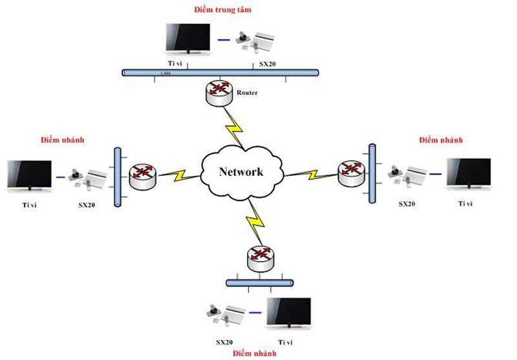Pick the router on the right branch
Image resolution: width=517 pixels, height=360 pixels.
pos(351,172)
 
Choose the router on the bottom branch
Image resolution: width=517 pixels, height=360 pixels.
pos(260,259)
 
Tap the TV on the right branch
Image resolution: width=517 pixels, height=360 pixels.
pos(470,175)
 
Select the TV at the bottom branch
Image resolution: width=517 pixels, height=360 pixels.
pos(289,315)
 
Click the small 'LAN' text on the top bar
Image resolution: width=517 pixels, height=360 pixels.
pos(164,74)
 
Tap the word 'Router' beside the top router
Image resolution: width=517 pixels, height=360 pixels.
pos(248,92)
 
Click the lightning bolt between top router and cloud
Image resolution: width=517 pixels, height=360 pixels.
pos(233,127)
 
